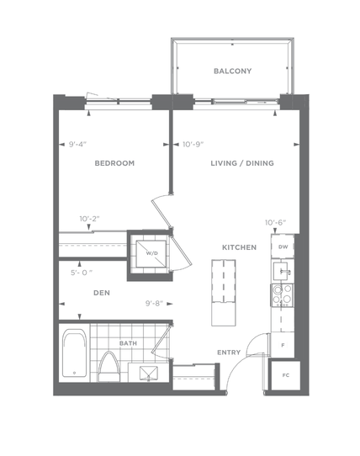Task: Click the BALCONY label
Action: (x=232, y=71)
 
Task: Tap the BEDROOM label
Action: (x=114, y=163)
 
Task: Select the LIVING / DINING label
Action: (x=242, y=163)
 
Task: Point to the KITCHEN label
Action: (x=240, y=247)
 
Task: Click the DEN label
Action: (x=102, y=293)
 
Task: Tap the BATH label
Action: (x=128, y=343)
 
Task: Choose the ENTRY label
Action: (x=229, y=353)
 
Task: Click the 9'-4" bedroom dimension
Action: (x=77, y=144)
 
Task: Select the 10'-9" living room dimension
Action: (x=193, y=144)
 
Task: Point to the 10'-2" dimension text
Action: (x=89, y=219)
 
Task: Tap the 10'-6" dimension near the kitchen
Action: (x=275, y=223)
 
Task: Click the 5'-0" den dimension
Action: (x=82, y=273)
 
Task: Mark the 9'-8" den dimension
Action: (x=155, y=304)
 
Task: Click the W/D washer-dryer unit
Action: (x=151, y=253)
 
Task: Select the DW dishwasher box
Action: (x=283, y=247)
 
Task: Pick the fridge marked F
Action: (x=283, y=346)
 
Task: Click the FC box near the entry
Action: (x=285, y=375)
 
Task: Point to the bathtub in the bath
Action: (x=75, y=353)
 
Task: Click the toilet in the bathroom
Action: (x=109, y=367)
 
